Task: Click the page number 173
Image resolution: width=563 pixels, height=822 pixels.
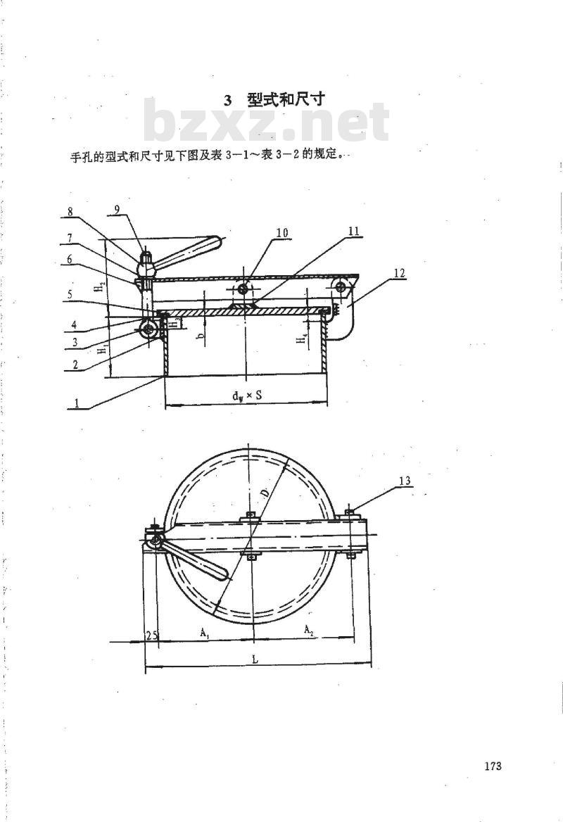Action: [493, 766]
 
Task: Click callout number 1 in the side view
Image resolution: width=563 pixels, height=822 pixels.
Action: [77, 403]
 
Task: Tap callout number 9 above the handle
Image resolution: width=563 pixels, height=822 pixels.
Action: [117, 208]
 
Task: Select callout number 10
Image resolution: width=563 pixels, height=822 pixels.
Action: [282, 233]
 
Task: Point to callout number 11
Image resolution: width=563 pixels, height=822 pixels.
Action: [355, 231]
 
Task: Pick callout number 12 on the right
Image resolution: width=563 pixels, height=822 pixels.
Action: [400, 272]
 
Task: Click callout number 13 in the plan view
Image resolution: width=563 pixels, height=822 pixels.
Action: [405, 481]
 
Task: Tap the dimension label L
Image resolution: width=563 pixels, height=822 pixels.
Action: [255, 659]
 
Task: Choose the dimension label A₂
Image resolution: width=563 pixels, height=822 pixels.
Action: [309, 630]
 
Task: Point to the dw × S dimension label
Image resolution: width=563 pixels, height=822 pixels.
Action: [248, 396]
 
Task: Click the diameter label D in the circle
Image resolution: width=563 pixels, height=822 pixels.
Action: [266, 492]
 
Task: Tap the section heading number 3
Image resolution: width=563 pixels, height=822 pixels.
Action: [227, 101]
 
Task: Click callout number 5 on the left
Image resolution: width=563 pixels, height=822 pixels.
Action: [69, 294]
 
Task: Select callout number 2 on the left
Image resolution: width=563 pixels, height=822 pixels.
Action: [75, 365]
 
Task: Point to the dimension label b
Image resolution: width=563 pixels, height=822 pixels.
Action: [201, 338]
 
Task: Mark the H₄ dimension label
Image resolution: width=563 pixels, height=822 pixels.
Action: [301, 339]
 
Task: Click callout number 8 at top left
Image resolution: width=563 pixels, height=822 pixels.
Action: [70, 213]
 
